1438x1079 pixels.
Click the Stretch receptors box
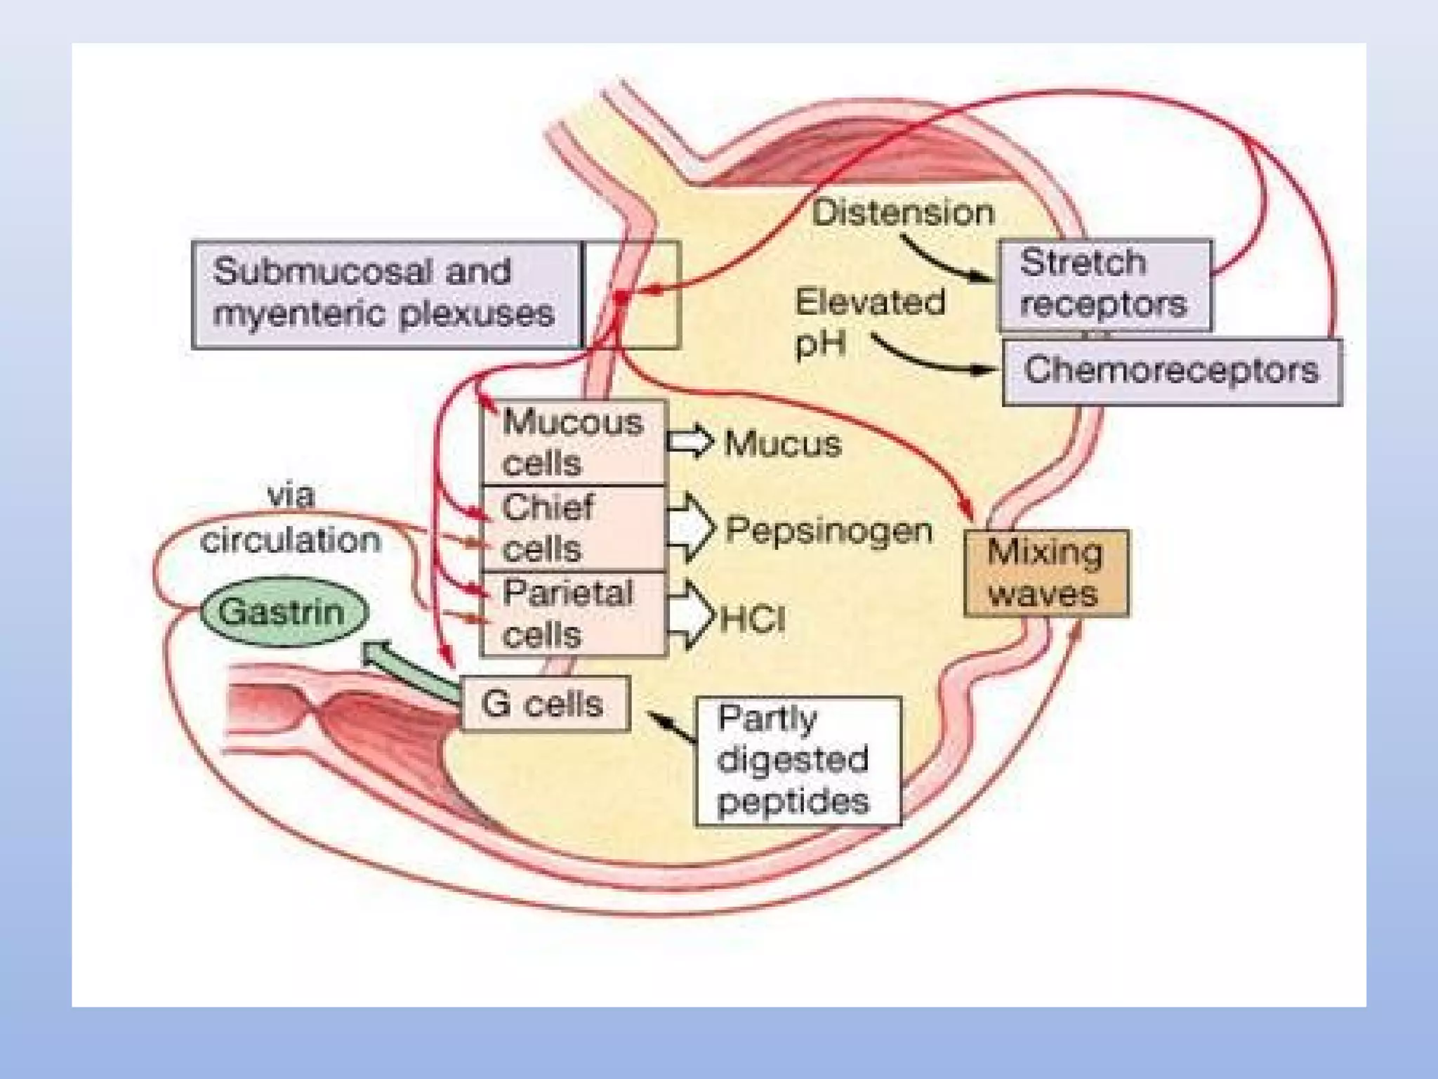point(1104,285)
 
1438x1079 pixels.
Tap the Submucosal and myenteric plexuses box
point(385,294)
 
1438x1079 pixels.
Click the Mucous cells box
point(572,443)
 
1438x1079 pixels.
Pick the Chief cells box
point(572,528)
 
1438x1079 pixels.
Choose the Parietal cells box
point(572,614)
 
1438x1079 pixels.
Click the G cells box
point(545,704)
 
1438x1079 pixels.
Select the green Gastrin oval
point(284,612)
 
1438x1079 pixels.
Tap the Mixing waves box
point(1046,573)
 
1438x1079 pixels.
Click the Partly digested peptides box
point(798,761)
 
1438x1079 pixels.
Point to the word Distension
point(903,213)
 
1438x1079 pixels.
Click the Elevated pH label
point(868,322)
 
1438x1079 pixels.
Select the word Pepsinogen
point(829,530)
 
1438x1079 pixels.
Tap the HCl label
point(753,619)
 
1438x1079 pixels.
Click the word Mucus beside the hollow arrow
point(782,444)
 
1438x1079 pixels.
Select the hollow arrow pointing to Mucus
point(689,442)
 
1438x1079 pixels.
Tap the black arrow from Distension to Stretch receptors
point(944,261)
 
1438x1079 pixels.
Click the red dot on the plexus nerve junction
point(621,297)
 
